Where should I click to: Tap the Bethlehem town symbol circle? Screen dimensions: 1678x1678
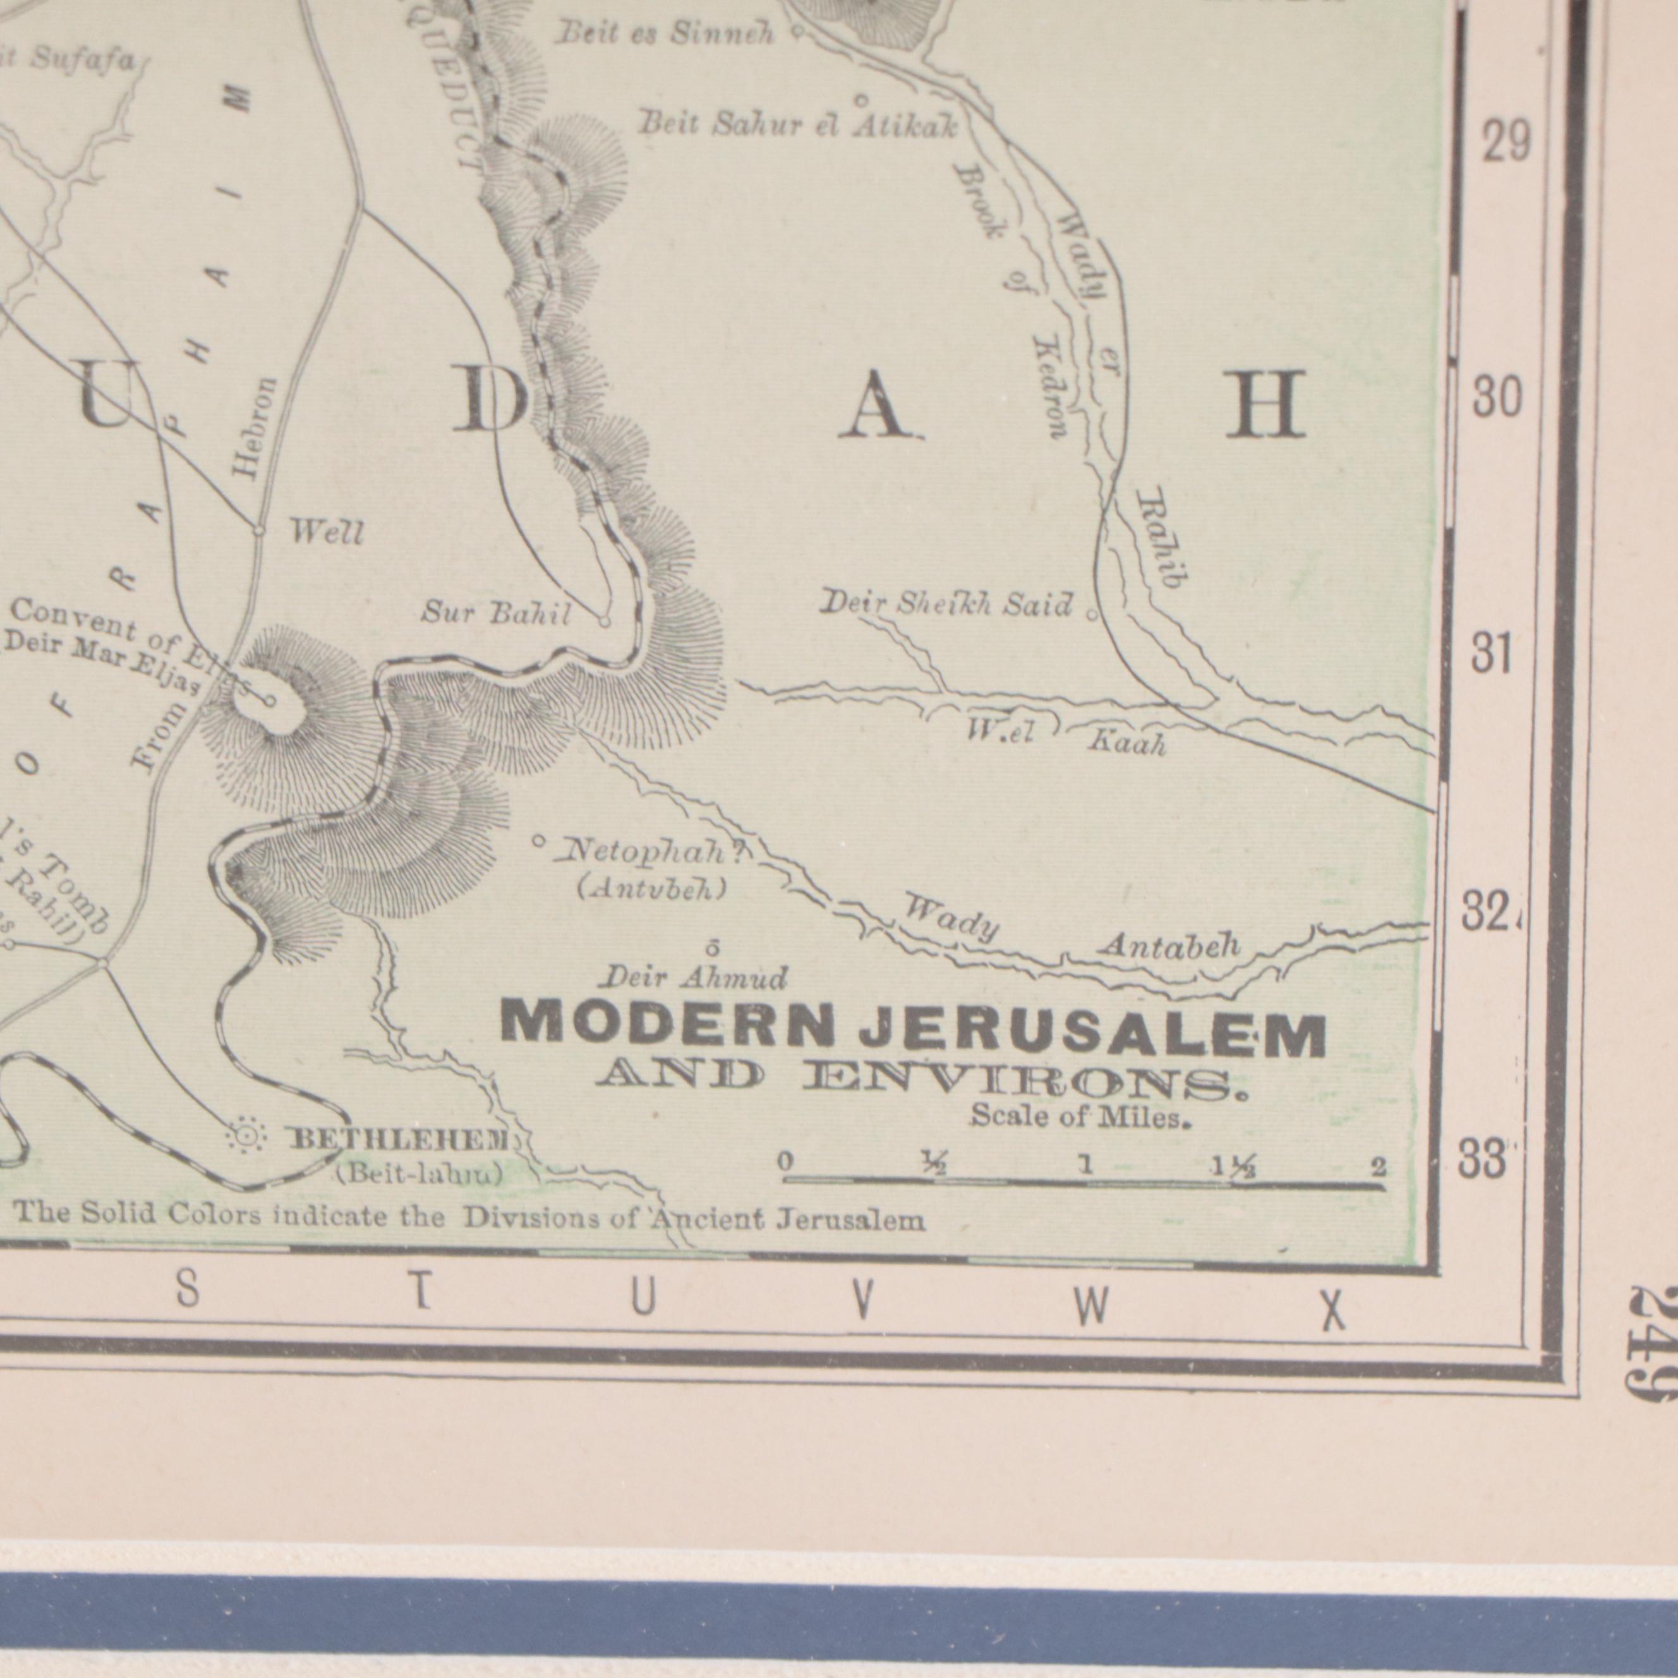[x=246, y=1136]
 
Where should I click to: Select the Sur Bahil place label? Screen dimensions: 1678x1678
[x=496, y=614]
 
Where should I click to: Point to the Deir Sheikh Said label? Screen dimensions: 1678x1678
[x=946, y=603]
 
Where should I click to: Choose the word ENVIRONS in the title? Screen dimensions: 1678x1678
[x=1025, y=1080]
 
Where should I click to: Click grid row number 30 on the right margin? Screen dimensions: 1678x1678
[x=1497, y=399]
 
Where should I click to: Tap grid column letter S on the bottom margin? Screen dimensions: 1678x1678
[x=188, y=1291]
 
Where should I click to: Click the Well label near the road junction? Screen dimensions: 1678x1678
[x=326, y=531]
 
